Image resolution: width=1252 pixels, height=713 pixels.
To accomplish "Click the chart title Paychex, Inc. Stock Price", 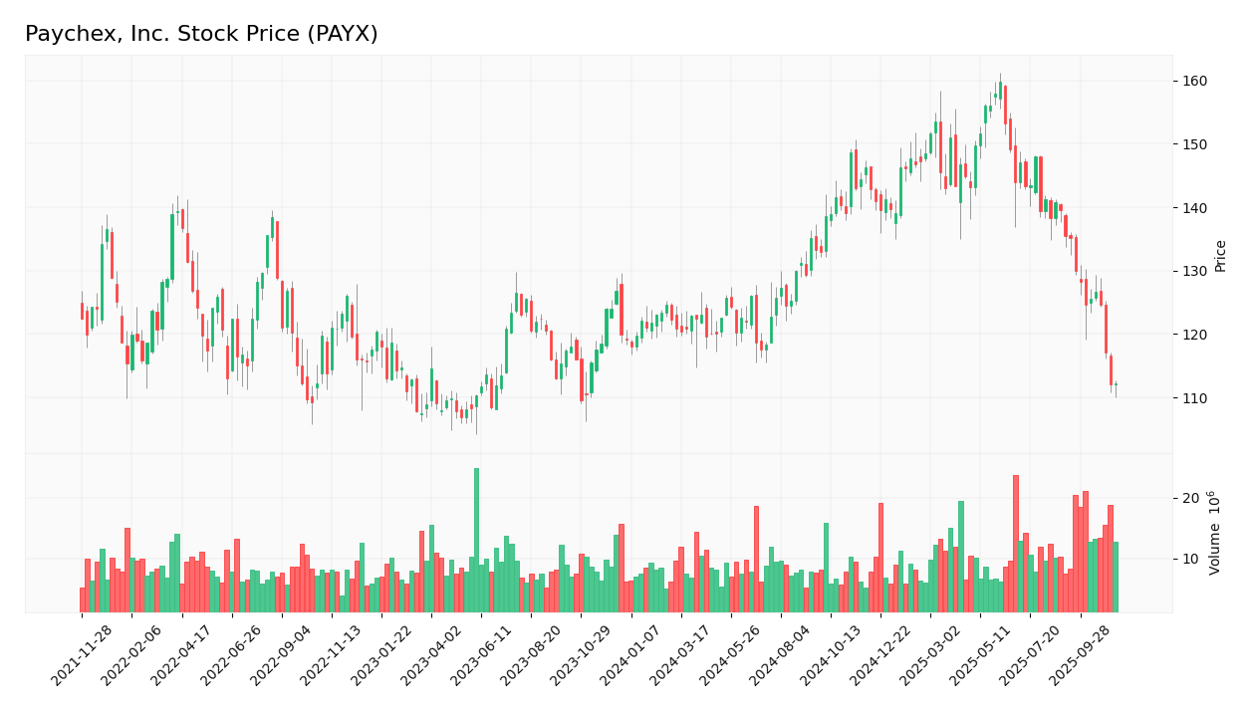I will (x=201, y=35).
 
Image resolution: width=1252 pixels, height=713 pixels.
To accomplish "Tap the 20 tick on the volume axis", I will (x=1190, y=498).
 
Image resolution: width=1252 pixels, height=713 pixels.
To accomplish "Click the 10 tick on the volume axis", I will (x=1190, y=560).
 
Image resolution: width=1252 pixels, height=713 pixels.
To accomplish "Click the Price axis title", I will (x=1220, y=255).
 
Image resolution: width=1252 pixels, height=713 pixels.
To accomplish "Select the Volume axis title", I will (x=1215, y=533).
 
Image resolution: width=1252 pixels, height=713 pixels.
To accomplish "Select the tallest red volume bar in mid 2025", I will (x=1016, y=543).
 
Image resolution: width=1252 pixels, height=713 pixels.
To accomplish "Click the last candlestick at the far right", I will (x=1116, y=384).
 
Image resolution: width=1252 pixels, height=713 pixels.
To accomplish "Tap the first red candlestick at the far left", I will (x=82, y=311).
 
